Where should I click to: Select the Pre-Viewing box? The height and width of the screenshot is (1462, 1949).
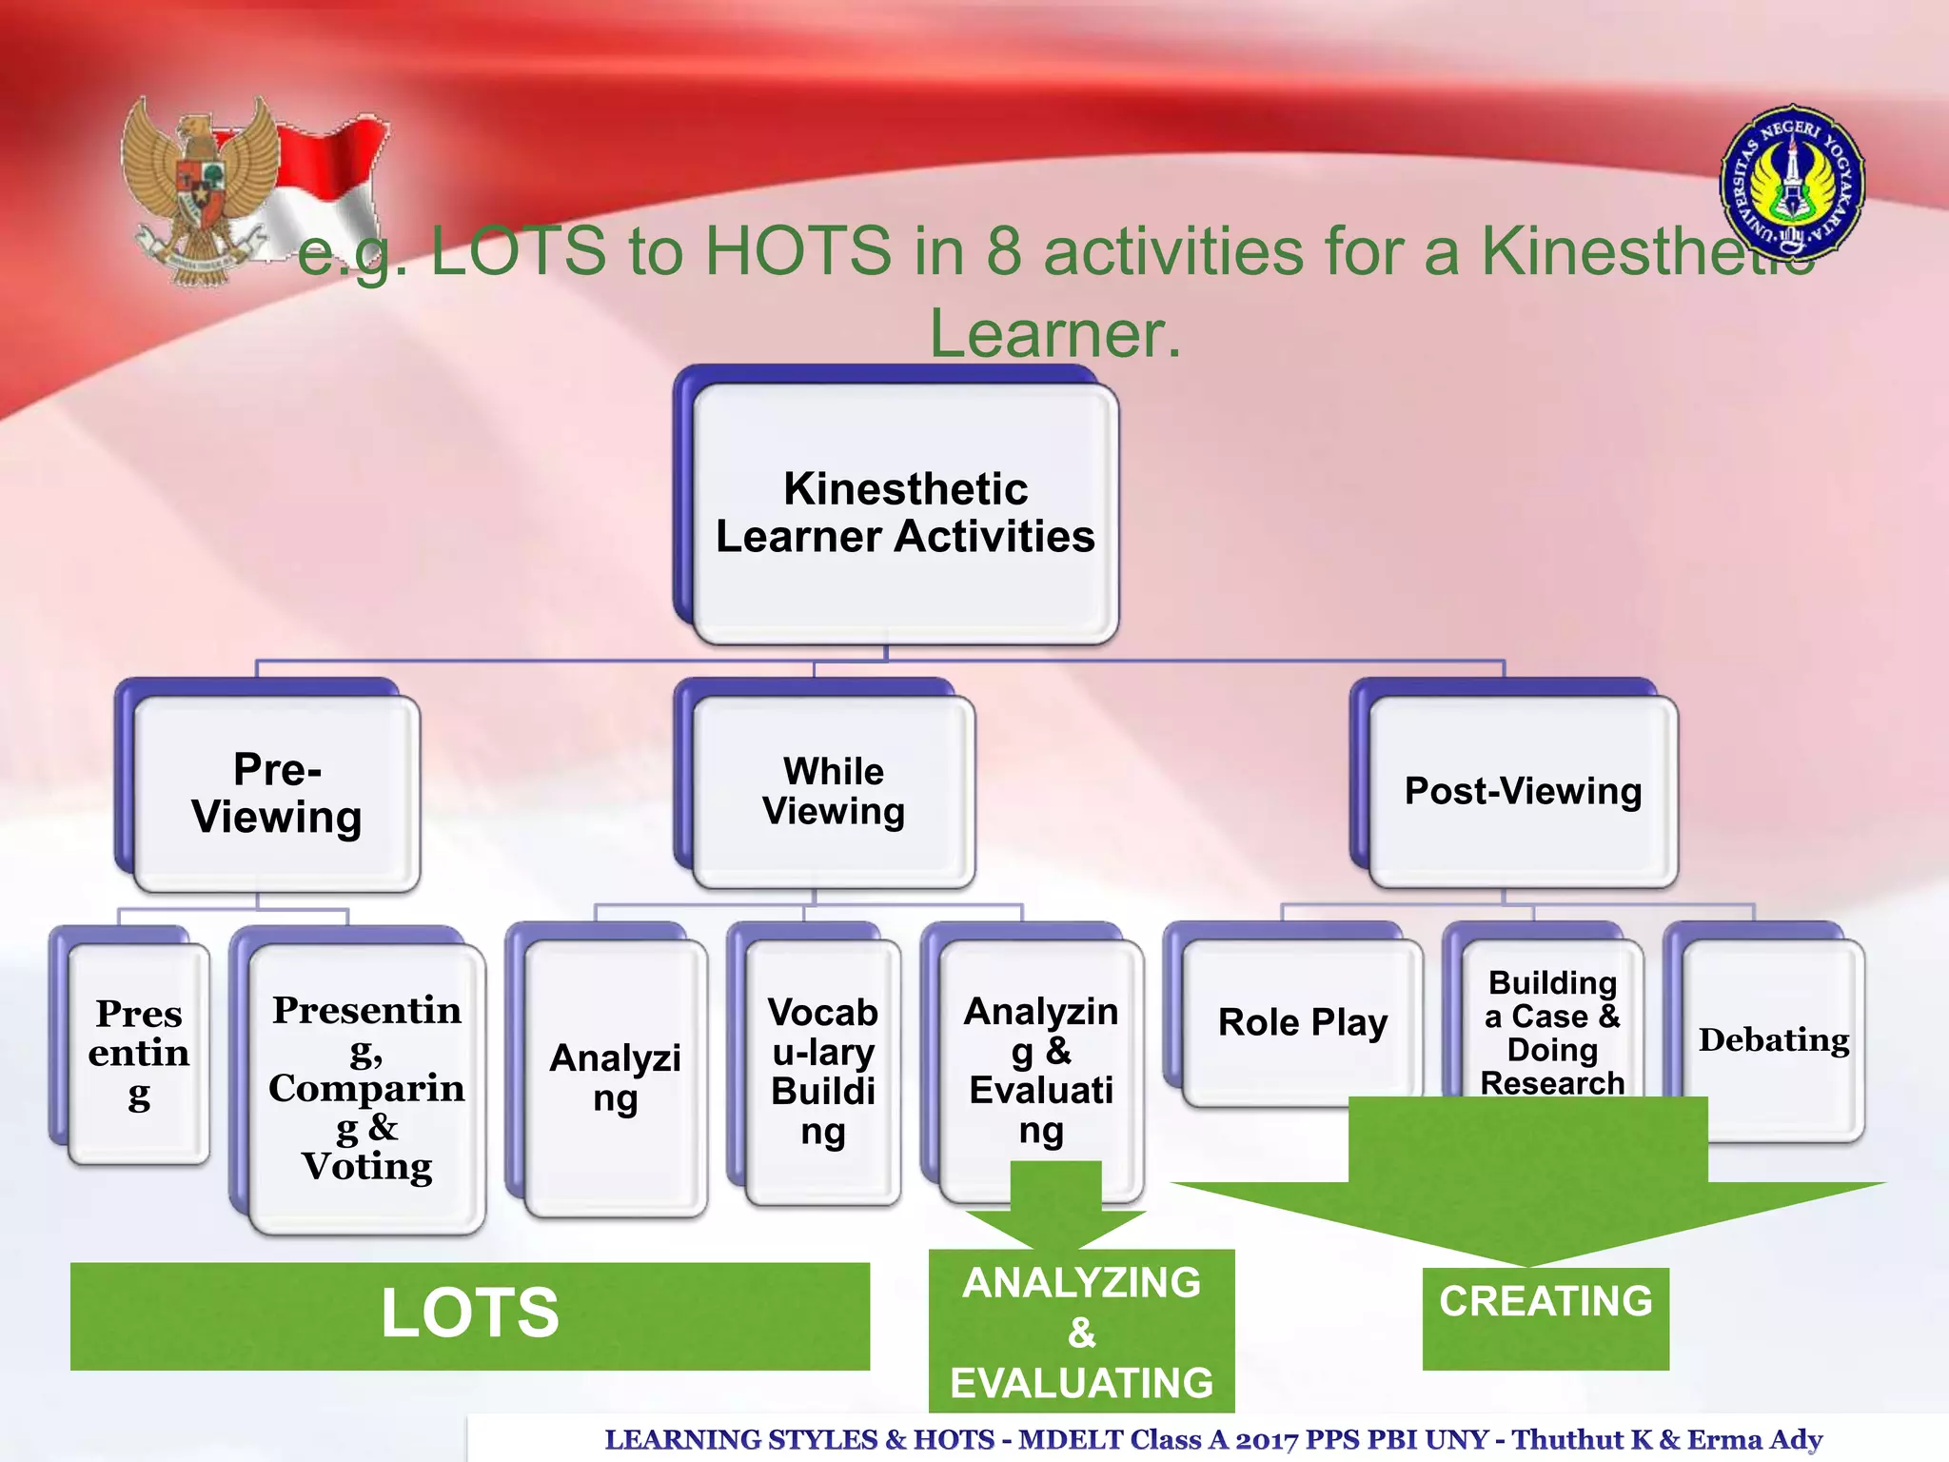click(276, 793)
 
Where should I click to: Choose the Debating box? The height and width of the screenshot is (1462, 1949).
click(1774, 1039)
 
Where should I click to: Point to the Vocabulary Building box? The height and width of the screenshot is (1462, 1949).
click(822, 1072)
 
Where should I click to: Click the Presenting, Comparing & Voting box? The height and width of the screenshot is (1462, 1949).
click(366, 1088)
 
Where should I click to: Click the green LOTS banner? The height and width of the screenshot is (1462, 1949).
click(469, 1315)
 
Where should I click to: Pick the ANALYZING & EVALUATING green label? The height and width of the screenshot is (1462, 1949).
click(1081, 1333)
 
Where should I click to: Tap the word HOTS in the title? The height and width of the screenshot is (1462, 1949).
click(797, 251)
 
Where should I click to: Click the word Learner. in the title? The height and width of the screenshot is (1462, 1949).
click(1054, 333)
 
